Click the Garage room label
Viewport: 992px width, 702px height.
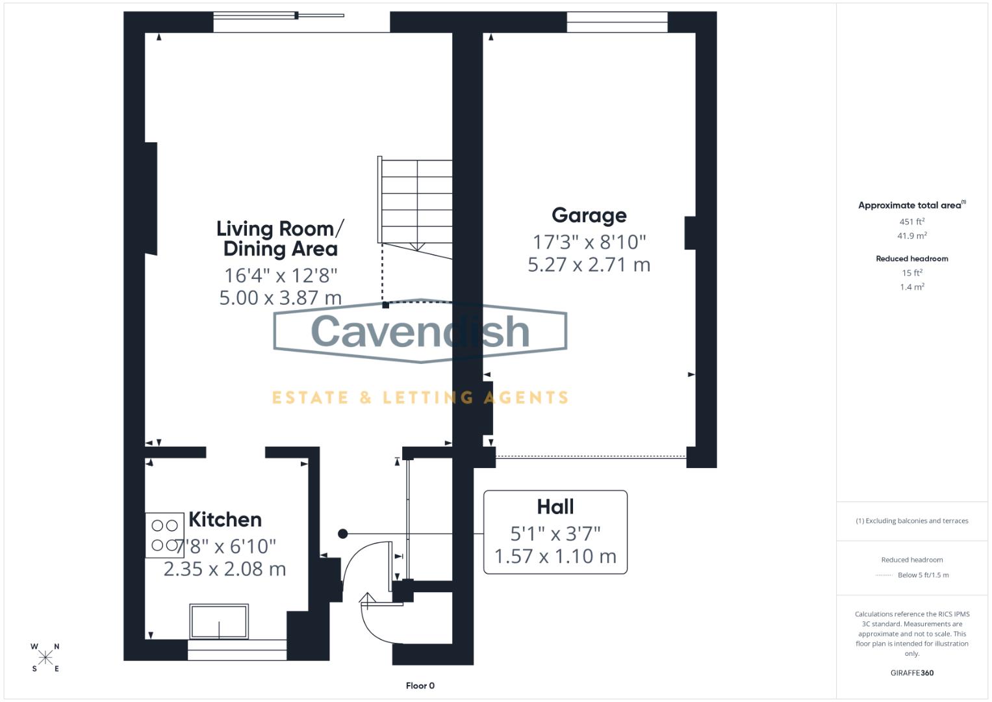589,215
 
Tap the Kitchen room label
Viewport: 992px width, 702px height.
225,519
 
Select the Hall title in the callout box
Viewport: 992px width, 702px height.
555,506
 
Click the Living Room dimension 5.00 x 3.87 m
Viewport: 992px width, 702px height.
280,298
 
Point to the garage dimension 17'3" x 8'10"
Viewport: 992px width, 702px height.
589,242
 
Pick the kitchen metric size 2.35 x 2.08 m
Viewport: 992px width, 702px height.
225,569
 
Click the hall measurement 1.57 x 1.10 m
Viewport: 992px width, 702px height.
555,556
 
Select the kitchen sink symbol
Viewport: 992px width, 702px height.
219,621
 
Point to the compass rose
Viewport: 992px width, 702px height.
45,658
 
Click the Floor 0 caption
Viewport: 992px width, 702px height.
420,686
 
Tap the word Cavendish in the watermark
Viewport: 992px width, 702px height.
420,331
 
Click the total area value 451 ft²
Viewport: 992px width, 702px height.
911,222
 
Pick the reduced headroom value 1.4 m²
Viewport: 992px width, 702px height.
911,287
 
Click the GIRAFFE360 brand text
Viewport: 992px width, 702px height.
911,673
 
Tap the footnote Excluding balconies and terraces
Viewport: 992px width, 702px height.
911,521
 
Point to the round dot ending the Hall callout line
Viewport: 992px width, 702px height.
343,534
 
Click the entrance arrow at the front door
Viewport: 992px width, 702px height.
368,601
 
